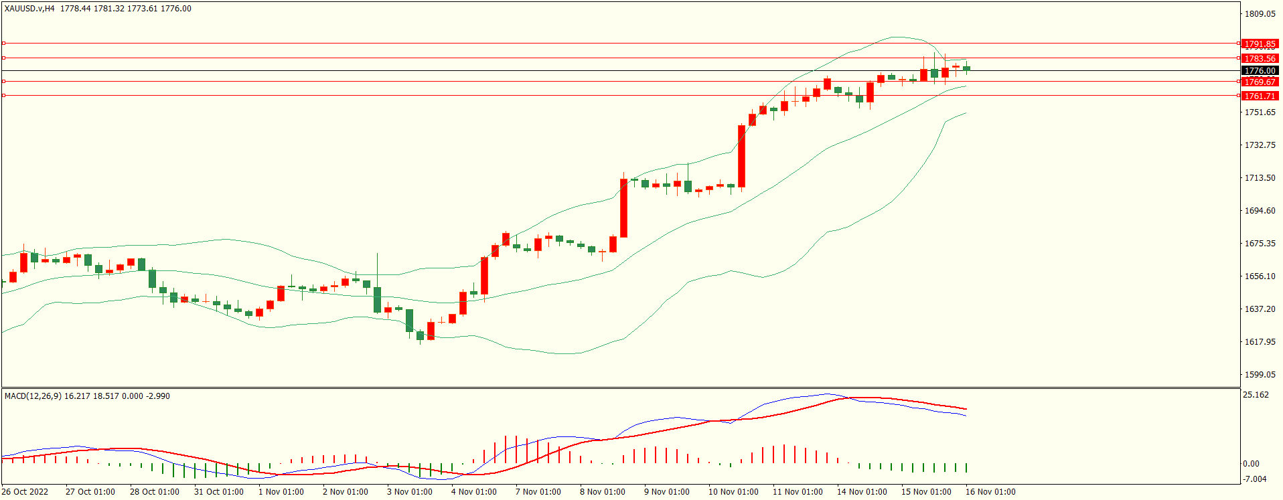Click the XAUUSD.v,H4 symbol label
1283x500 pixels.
pyautogui.click(x=29, y=9)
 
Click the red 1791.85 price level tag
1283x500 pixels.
pyautogui.click(x=1260, y=44)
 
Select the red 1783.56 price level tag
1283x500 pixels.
pyautogui.click(x=1260, y=59)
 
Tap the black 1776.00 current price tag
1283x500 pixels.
pyautogui.click(x=1260, y=71)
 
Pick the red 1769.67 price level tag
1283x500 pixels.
pyautogui.click(x=1260, y=82)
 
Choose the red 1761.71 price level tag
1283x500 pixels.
pyautogui.click(x=1260, y=96)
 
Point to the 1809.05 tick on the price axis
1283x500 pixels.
pyautogui.click(x=1260, y=14)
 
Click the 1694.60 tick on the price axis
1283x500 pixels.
pyautogui.click(x=1260, y=211)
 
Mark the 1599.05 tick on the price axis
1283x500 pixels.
pyautogui.click(x=1260, y=375)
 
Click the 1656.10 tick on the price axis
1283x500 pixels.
pyautogui.click(x=1260, y=276)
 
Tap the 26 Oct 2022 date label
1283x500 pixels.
pyautogui.click(x=25, y=492)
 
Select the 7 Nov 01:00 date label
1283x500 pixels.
pyautogui.click(x=538, y=492)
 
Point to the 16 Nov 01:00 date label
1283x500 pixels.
pyautogui.click(x=990, y=492)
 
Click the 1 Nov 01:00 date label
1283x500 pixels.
pyautogui.click(x=281, y=492)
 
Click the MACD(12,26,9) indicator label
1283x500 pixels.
pyautogui.click(x=33, y=396)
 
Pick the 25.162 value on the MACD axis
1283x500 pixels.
pyautogui.click(x=1256, y=395)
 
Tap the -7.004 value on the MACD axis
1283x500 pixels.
pyautogui.click(x=1254, y=479)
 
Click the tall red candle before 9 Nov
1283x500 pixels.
pyautogui.click(x=624, y=207)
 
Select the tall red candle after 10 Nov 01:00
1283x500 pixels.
pyautogui.click(x=742, y=156)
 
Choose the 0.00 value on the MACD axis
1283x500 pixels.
pyautogui.click(x=1251, y=464)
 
